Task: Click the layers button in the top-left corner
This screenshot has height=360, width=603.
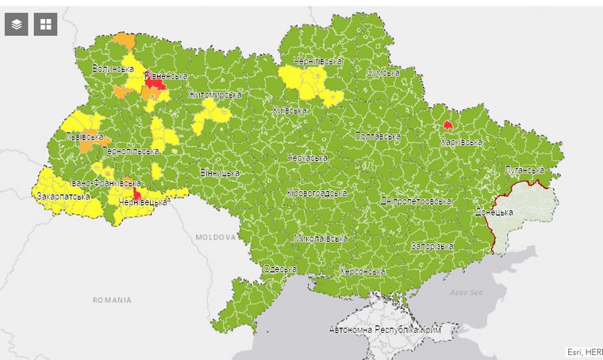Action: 17,25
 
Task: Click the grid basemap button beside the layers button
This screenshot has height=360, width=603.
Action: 46,25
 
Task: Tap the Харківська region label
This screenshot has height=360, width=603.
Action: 462,142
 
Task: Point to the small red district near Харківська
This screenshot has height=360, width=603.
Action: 448,125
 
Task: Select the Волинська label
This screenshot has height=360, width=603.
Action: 113,69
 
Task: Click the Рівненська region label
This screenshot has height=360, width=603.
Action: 166,76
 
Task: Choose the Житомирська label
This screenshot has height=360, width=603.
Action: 215,95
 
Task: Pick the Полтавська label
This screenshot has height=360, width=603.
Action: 378,136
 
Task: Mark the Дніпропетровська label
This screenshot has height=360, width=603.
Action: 416,201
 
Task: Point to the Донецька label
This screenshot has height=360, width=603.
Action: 494,213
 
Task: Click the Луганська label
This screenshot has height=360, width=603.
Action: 524,170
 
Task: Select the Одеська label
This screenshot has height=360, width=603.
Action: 279,269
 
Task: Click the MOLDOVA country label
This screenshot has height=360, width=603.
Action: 216,237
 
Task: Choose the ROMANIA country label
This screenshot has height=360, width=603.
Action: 111,301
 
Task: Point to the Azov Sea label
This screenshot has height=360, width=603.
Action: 467,292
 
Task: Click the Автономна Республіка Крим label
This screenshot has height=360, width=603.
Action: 385,328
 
